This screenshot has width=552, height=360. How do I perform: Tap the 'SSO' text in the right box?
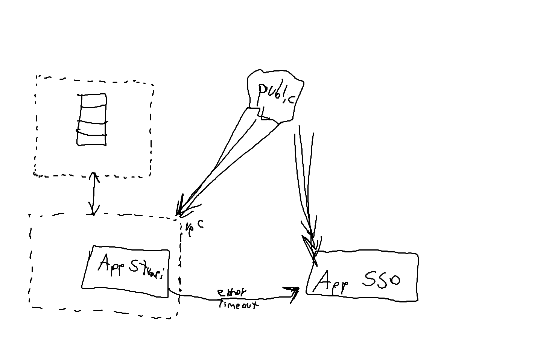click(x=381, y=280)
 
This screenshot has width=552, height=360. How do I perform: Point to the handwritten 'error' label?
click(x=231, y=293)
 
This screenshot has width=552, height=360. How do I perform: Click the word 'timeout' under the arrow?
click(x=238, y=304)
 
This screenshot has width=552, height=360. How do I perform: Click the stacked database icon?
click(x=91, y=120)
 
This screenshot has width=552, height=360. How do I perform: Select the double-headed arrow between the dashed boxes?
click(x=93, y=194)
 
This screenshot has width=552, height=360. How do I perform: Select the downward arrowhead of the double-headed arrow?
click(x=93, y=211)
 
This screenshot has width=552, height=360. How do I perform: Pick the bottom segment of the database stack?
click(x=91, y=140)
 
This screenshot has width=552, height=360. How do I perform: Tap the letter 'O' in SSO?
click(x=393, y=280)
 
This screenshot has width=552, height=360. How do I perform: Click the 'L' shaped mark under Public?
click(x=265, y=114)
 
